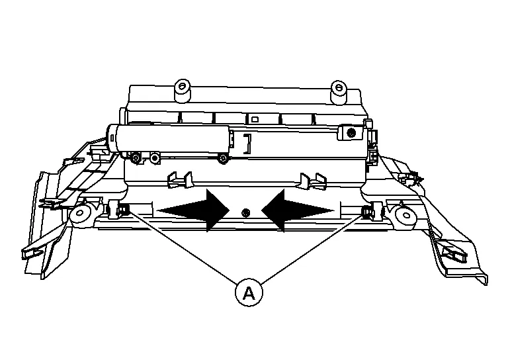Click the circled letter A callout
coord(249,292)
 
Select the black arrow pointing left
coord(298,211)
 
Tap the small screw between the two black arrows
coord(245,212)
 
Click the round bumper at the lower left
coord(79,214)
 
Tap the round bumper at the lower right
coord(405,215)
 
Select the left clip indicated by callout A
coord(122,210)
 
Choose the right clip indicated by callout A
coord(367,212)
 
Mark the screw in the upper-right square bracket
coord(351,132)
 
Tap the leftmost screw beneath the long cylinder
coord(136,158)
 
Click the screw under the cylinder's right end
coord(222,158)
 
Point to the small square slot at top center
coord(255,119)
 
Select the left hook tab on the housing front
coord(179,180)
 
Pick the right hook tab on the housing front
coord(313,181)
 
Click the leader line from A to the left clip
coord(183,247)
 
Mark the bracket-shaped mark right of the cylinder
coord(248,144)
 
